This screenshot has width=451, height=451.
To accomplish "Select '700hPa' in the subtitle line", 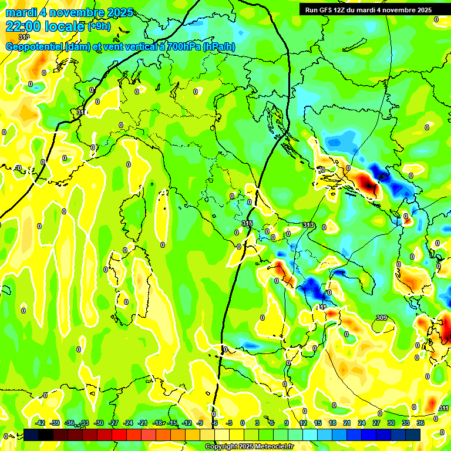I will [183, 47].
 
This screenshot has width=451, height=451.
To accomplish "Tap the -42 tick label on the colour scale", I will [41, 423].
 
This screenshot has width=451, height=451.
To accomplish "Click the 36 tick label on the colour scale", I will [420, 423].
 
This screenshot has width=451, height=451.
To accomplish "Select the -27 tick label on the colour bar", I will [114, 423].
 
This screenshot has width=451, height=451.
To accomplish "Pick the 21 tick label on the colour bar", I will [347, 423].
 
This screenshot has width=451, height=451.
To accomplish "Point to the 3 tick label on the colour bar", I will [257, 423].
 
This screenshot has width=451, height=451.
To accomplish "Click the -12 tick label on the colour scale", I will [187, 423].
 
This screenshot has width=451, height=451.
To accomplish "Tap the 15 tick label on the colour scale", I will [318, 423].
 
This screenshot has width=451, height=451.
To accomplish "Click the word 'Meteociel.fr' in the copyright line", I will [272, 447].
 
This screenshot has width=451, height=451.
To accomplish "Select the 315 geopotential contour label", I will [247, 224].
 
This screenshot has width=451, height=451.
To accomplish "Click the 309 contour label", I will [382, 318].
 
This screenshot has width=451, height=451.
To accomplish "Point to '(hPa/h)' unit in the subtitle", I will [219, 47].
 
